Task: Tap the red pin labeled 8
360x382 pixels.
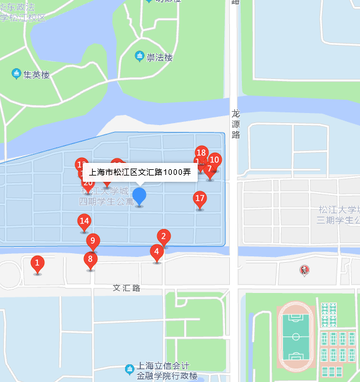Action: point(90,259)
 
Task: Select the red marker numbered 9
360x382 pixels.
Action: point(93,241)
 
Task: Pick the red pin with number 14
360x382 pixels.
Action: point(84,221)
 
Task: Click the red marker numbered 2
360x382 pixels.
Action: point(164,237)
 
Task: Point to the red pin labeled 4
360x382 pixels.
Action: point(156,251)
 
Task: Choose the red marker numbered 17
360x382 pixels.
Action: point(200,199)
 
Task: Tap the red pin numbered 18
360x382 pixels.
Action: point(201,153)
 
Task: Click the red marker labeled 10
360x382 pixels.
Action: point(215,160)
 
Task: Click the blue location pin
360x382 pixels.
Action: point(140,196)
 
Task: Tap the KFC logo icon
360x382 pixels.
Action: point(304,270)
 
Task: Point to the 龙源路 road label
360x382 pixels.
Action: point(236,124)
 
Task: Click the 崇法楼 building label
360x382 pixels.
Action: point(159,57)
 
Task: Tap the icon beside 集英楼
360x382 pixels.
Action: point(16,74)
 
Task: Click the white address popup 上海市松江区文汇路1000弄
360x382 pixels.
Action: point(140,172)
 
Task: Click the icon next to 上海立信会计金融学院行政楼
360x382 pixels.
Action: point(130,366)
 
